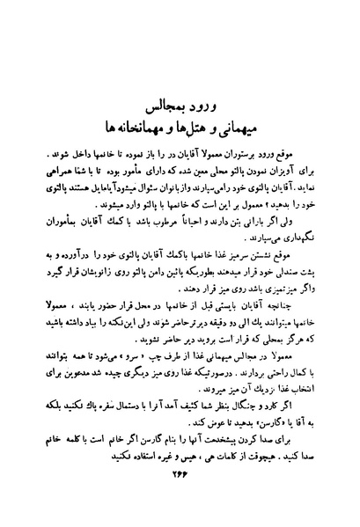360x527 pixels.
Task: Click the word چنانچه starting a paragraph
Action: (295, 303)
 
